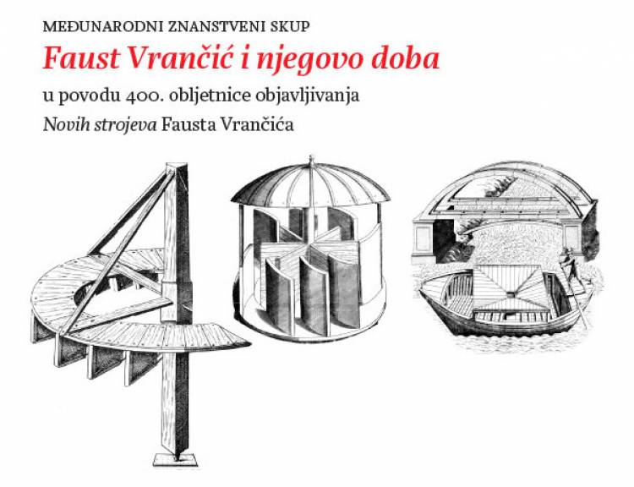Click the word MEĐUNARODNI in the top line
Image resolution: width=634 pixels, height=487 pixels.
(x=102, y=27)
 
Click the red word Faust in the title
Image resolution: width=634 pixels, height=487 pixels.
(x=82, y=58)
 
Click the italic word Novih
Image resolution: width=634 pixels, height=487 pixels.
(x=66, y=125)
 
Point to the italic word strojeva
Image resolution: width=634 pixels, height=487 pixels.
(x=125, y=126)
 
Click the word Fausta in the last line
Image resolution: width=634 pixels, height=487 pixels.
(x=188, y=125)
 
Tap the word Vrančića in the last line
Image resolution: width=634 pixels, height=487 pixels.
(x=256, y=124)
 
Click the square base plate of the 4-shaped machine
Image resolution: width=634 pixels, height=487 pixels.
(x=175, y=460)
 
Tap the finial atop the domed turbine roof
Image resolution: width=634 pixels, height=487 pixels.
(x=311, y=161)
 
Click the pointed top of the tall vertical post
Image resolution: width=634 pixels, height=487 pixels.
(x=178, y=165)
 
